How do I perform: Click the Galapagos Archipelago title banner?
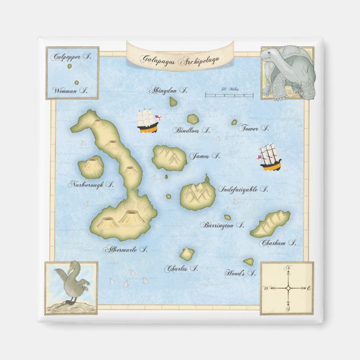coord(179,58)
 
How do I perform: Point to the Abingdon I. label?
coord(167,90)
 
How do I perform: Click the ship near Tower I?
coord(270,158)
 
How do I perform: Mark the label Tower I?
coord(254,128)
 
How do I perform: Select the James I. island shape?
coord(169,158)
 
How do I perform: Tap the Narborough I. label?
coord(91,184)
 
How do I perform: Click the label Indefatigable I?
coord(243,190)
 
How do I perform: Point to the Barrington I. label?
coord(222,225)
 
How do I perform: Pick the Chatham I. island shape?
coord(270,223)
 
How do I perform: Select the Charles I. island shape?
coord(187,254)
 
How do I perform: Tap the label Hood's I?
coord(240,273)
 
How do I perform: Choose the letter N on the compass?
coord(288,267)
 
